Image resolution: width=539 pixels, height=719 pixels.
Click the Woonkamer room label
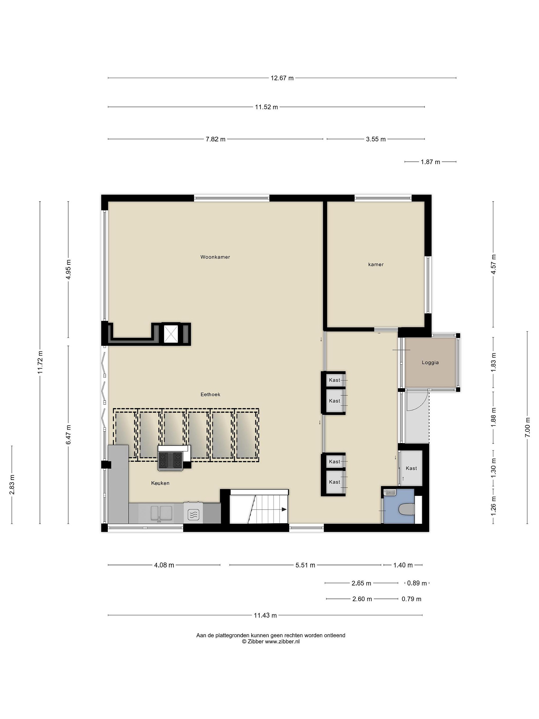(x=215, y=257)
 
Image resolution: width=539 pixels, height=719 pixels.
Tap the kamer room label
(x=376, y=265)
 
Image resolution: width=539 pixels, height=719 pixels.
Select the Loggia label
(x=430, y=362)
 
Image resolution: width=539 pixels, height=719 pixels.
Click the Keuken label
(x=160, y=483)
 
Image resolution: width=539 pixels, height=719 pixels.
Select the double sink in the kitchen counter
(x=161, y=513)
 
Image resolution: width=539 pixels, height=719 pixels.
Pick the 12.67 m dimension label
(x=282, y=78)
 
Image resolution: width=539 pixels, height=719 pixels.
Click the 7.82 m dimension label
(x=215, y=139)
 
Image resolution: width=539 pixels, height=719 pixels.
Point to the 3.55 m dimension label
(x=376, y=139)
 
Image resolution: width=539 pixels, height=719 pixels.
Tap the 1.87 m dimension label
(x=430, y=162)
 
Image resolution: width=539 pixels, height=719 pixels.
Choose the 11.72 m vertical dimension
(x=40, y=362)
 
